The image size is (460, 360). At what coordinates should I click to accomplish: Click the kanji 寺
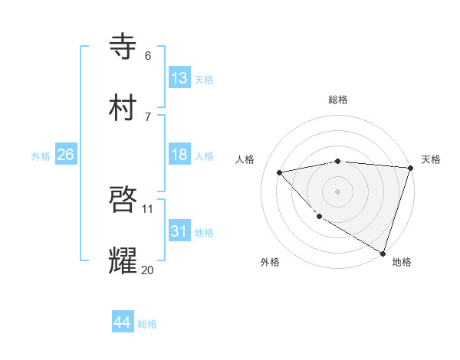(123, 47)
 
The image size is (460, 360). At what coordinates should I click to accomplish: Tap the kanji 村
(123, 108)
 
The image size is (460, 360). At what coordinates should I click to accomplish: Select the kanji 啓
(123, 200)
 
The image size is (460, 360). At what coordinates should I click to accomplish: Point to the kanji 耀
(123, 261)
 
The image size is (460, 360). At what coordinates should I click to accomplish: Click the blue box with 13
(179, 78)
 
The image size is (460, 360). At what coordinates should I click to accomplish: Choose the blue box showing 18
(179, 155)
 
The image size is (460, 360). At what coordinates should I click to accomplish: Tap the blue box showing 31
(179, 231)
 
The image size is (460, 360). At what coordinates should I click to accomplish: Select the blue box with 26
(66, 155)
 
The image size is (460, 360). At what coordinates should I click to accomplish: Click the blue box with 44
(123, 322)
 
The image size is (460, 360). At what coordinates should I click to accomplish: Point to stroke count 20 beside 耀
(147, 270)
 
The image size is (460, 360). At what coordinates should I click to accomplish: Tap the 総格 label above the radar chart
(338, 100)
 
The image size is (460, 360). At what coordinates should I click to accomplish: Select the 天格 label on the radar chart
(431, 159)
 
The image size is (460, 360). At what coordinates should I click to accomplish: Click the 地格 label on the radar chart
(402, 263)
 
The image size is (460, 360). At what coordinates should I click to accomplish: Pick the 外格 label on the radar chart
(270, 263)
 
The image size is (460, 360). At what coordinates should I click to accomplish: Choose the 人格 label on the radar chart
(245, 159)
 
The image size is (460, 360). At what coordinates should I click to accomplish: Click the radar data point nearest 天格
(410, 168)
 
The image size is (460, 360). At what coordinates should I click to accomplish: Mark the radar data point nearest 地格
(383, 252)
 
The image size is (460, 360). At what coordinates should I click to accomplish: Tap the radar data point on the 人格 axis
(281, 172)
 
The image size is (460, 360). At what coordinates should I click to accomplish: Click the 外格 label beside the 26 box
(41, 155)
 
